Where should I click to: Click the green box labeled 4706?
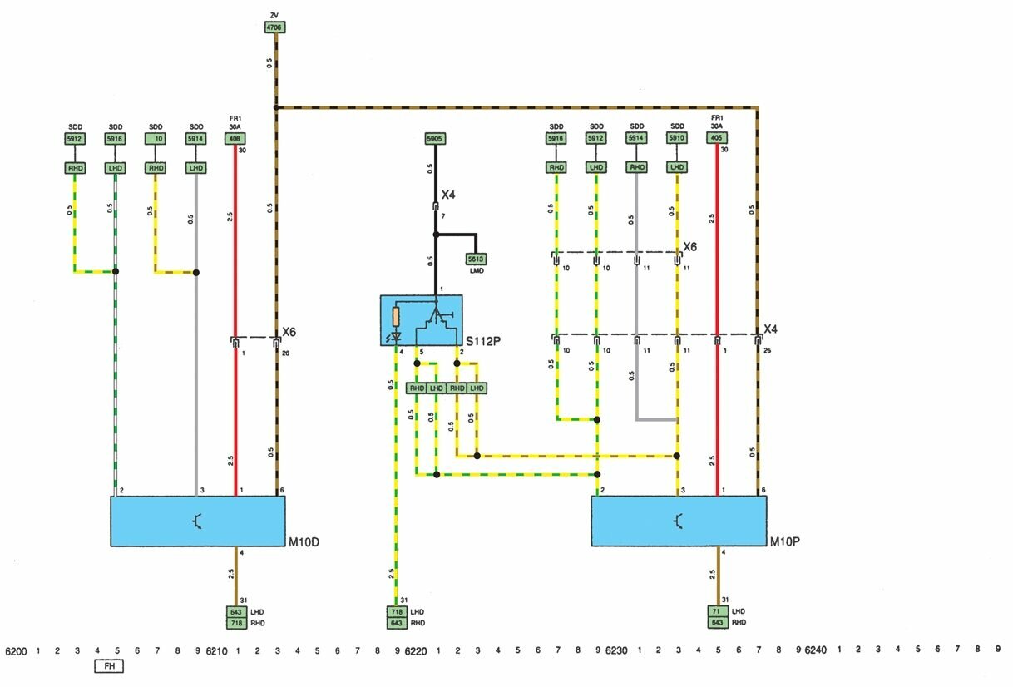pos(274,27)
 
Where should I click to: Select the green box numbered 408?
pos(235,139)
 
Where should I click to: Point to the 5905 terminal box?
pos(435,139)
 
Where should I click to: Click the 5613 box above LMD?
pos(476,259)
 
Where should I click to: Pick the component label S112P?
pos(484,341)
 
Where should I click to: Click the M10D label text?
pos(303,543)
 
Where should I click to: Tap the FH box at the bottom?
pos(108,666)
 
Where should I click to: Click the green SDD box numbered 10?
pos(156,139)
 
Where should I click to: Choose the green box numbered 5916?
pos(115,139)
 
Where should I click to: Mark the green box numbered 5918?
pos(556,138)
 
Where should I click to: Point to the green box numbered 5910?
pos(677,138)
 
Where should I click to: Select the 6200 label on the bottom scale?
pos(17,650)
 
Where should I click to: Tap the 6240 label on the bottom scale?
pos(818,650)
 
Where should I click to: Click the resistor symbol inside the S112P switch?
pos(396,316)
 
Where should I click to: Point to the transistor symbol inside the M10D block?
pos(197,521)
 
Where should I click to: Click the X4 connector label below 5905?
pos(447,195)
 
